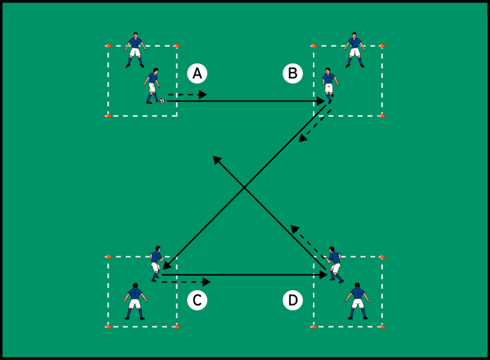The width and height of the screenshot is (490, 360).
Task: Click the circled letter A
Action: (x=197, y=73)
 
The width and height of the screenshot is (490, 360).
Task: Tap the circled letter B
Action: (x=293, y=73)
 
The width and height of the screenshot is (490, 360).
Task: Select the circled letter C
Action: (x=197, y=300)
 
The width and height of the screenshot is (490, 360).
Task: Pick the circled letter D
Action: (x=293, y=300)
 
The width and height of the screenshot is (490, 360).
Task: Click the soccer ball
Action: (x=162, y=101)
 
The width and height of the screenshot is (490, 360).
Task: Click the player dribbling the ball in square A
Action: (x=152, y=86)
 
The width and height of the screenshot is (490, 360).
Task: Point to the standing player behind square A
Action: (x=136, y=50)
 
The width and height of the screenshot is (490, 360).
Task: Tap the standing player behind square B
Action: (x=355, y=50)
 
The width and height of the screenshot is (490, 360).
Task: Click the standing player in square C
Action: (x=134, y=301)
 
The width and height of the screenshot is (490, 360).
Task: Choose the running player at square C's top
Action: (x=157, y=263)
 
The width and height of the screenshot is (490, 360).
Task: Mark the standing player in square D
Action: (x=357, y=300)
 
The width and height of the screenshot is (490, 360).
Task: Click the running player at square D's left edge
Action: (x=335, y=264)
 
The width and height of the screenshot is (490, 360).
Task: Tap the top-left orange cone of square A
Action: (x=108, y=46)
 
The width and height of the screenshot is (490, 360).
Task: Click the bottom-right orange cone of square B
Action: (x=382, y=115)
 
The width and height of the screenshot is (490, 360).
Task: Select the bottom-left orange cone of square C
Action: (x=108, y=326)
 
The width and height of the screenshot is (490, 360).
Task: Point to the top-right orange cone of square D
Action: (x=382, y=256)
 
